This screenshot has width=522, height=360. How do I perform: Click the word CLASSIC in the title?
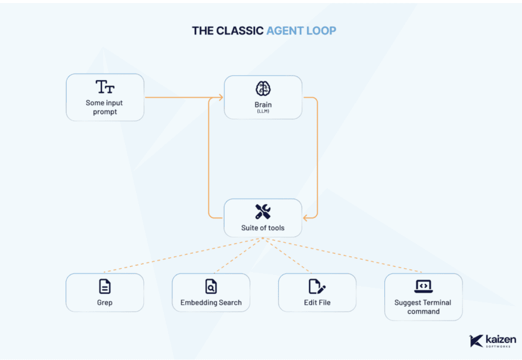pos(240,30)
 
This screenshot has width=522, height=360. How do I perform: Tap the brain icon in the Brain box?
pos(263,89)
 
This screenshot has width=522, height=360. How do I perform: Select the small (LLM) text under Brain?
pos(263,112)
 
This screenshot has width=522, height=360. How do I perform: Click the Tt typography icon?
pos(104,87)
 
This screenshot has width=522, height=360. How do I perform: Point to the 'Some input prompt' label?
pos(104,107)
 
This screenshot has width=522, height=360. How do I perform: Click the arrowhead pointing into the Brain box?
pos(220,97)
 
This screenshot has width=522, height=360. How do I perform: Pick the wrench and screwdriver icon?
pos(263,212)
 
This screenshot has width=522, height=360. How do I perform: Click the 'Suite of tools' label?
pos(263,228)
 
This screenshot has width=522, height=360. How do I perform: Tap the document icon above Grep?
pos(104,287)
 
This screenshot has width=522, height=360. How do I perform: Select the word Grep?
pos(104,302)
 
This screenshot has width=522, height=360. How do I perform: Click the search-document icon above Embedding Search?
pos(211,287)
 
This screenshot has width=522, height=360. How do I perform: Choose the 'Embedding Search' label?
pos(211,302)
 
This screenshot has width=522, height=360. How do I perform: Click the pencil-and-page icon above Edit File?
pos(317,287)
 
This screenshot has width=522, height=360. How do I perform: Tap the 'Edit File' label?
pos(317,302)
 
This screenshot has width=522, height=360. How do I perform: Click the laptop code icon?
pos(423,286)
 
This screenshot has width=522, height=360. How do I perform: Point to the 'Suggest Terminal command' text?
pos(423,307)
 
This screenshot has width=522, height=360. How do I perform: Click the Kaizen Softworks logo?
pos(492,341)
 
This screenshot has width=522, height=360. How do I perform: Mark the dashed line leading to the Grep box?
pos(182,255)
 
